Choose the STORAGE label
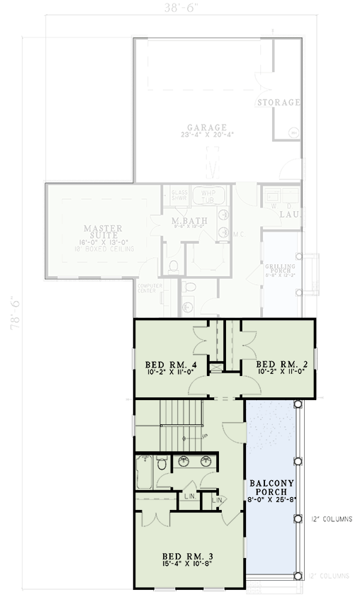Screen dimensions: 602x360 [x=279, y=103]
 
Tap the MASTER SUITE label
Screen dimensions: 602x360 [x=103, y=232]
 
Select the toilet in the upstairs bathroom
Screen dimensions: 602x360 [x=162, y=465]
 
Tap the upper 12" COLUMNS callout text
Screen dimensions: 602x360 [x=331, y=519]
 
